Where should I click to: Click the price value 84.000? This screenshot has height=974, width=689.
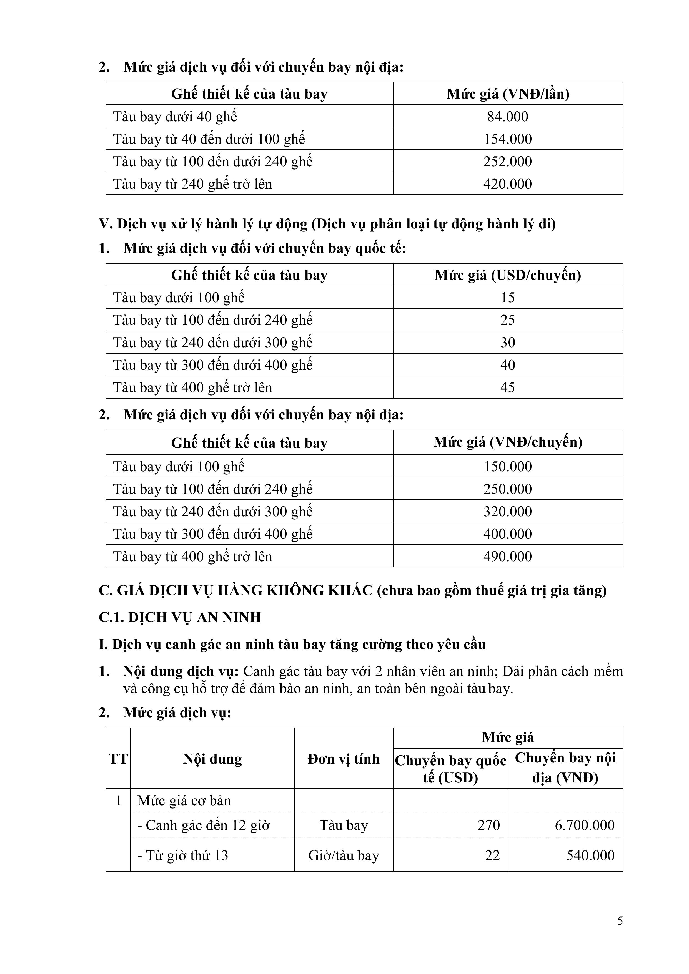tap(507, 116)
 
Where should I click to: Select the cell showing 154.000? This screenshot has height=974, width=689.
tap(507, 139)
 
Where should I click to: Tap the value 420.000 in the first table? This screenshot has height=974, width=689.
tap(507, 184)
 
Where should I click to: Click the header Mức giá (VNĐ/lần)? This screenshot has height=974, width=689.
tap(507, 94)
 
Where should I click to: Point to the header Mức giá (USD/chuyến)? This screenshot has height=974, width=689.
tap(507, 275)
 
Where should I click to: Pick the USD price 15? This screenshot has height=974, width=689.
tap(507, 297)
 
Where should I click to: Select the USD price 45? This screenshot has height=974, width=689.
tap(507, 387)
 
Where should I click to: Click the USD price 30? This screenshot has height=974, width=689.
tap(507, 342)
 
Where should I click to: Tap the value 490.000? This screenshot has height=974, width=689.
tap(507, 556)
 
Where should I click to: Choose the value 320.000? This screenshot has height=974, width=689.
tap(507, 511)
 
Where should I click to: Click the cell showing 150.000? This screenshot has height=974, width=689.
tap(507, 466)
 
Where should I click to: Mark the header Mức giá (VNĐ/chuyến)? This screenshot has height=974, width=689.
tap(507, 442)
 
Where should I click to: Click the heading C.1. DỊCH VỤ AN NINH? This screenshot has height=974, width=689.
tap(180, 617)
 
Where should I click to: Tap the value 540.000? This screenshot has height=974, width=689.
tap(590, 855)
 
